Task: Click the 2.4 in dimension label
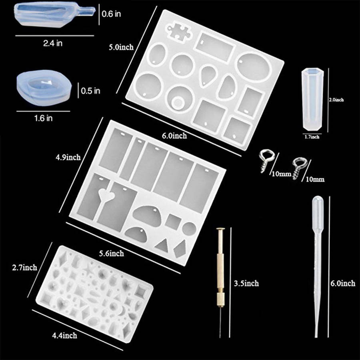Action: [53, 43]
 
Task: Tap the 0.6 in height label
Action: [111, 14]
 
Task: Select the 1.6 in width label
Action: [43, 118]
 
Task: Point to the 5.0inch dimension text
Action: [121, 47]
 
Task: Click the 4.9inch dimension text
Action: [68, 157]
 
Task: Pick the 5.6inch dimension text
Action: [111, 253]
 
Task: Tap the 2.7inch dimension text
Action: [24, 268]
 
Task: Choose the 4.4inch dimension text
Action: [64, 336]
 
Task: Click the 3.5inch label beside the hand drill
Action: [246, 283]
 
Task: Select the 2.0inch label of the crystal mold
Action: [336, 100]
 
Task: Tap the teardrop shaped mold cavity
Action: [208, 75]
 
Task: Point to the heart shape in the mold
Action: [106, 195]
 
